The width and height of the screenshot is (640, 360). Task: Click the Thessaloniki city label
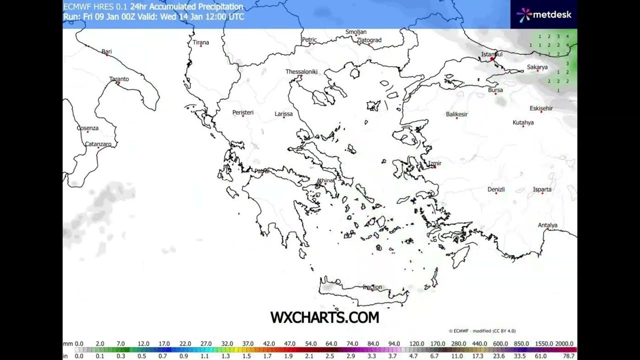pyautogui.click(x=301, y=71)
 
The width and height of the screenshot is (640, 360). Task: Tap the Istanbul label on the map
pyautogui.click(x=492, y=54)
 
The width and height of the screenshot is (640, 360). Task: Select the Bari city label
pyautogui.click(x=106, y=51)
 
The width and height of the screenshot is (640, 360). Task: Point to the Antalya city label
pyautogui.click(x=547, y=225)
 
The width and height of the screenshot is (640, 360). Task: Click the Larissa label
pyautogui.click(x=283, y=113)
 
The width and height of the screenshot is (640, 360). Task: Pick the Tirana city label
pyautogui.click(x=201, y=42)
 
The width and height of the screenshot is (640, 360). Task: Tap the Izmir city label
pyautogui.click(x=434, y=163)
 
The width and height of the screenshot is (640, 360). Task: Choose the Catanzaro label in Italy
pyautogui.click(x=98, y=144)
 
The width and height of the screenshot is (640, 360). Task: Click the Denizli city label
pyautogui.click(x=496, y=189)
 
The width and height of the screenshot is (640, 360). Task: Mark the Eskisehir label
pyautogui.click(x=541, y=108)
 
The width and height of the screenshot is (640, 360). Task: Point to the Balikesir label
pyautogui.click(x=456, y=114)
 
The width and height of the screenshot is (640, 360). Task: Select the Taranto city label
pyautogui.click(x=119, y=79)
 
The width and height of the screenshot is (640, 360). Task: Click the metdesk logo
pyautogui.click(x=544, y=14)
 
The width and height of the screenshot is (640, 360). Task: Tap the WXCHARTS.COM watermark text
pyautogui.click(x=324, y=317)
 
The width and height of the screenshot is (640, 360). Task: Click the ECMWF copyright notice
pyautogui.click(x=482, y=331)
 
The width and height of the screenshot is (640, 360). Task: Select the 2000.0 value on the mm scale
pyautogui.click(x=564, y=343)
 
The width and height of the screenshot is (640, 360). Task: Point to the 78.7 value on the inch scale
pyautogui.click(x=568, y=356)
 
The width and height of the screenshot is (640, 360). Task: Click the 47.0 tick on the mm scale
pyautogui.click(x=290, y=343)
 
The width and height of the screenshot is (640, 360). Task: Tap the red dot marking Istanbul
pyautogui.click(x=492, y=59)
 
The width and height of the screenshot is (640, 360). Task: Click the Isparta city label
pyautogui.click(x=542, y=189)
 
